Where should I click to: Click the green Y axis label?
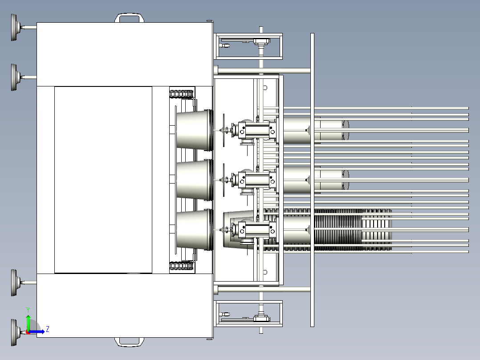point(28,310)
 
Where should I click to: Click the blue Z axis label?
point(48,329)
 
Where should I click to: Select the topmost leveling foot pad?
point(14,27)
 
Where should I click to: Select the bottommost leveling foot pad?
point(14,333)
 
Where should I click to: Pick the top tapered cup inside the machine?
point(195,130)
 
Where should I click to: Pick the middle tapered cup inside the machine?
point(195,180)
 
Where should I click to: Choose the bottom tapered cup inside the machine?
point(195,230)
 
